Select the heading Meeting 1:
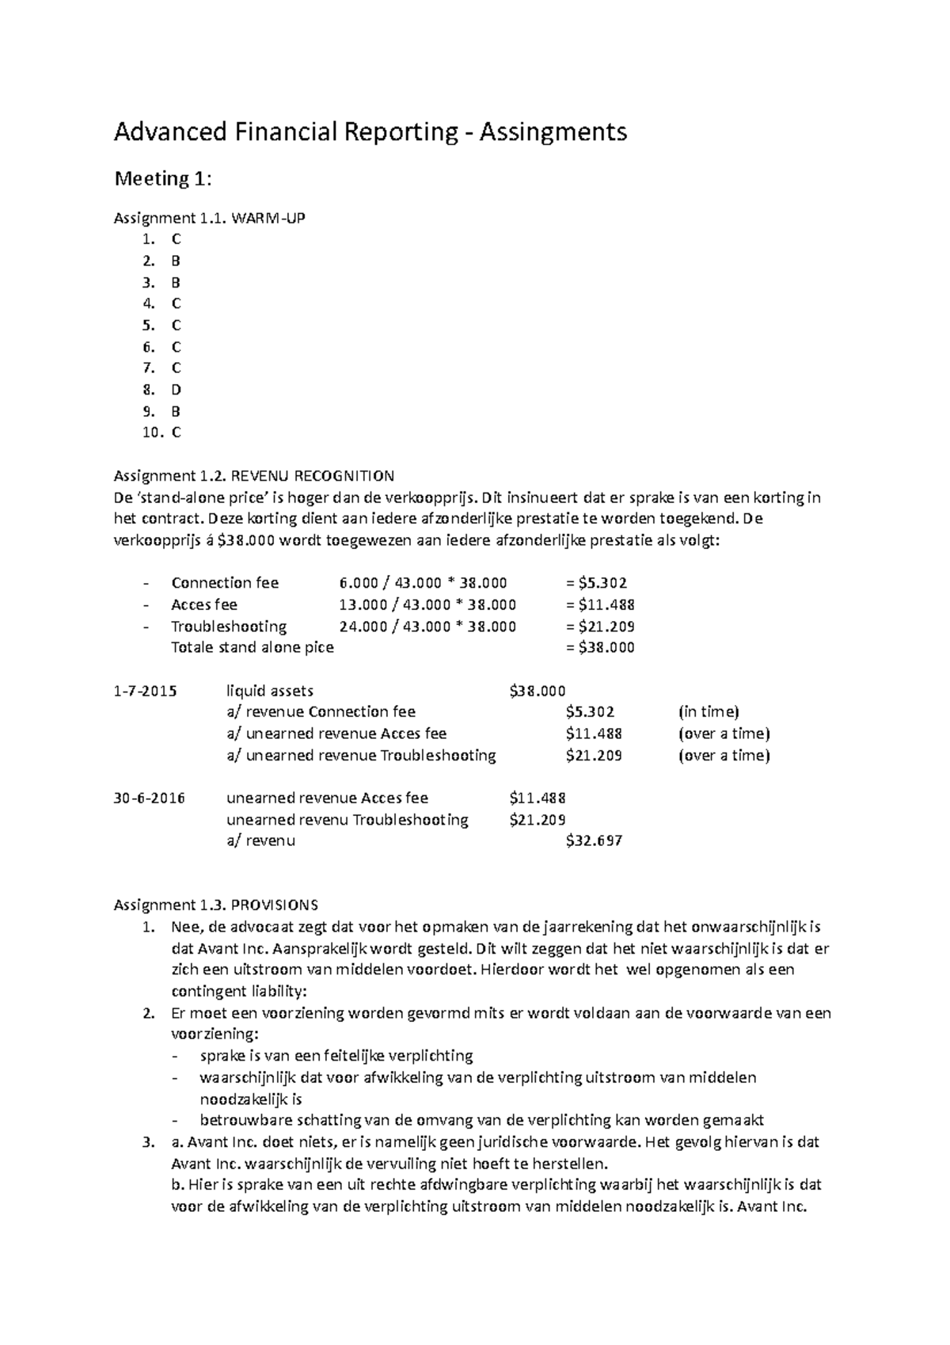coord(163,180)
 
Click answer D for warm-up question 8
coord(176,390)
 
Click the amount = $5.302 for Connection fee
coord(596,583)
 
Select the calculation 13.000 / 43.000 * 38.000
coord(427,604)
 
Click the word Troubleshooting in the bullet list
coord(229,626)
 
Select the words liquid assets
coord(269,691)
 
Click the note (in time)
coord(709,711)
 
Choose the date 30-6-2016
coord(149,798)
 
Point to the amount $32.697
coord(594,840)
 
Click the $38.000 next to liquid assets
coord(538,691)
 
